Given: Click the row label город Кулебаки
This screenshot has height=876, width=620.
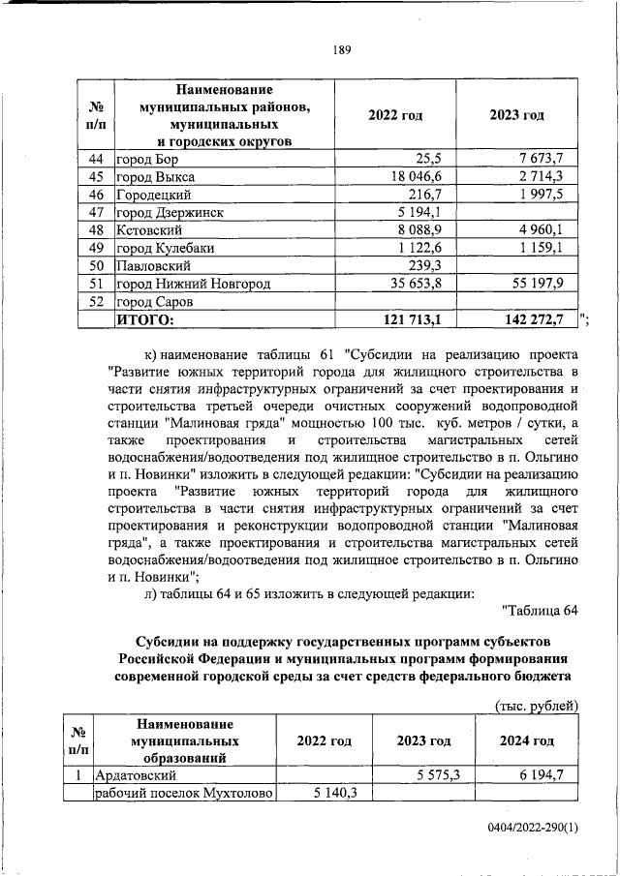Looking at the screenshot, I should tap(159, 248).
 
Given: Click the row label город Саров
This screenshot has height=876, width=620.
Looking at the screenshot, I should tap(147, 301).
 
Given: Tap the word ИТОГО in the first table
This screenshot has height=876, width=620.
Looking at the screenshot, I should tap(145, 318).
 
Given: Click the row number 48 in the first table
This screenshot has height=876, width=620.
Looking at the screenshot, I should tap(96, 229).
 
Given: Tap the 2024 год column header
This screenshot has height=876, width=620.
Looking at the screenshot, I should tap(526, 741).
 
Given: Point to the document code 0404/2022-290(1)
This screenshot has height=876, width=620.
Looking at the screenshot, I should tap(533, 829).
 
